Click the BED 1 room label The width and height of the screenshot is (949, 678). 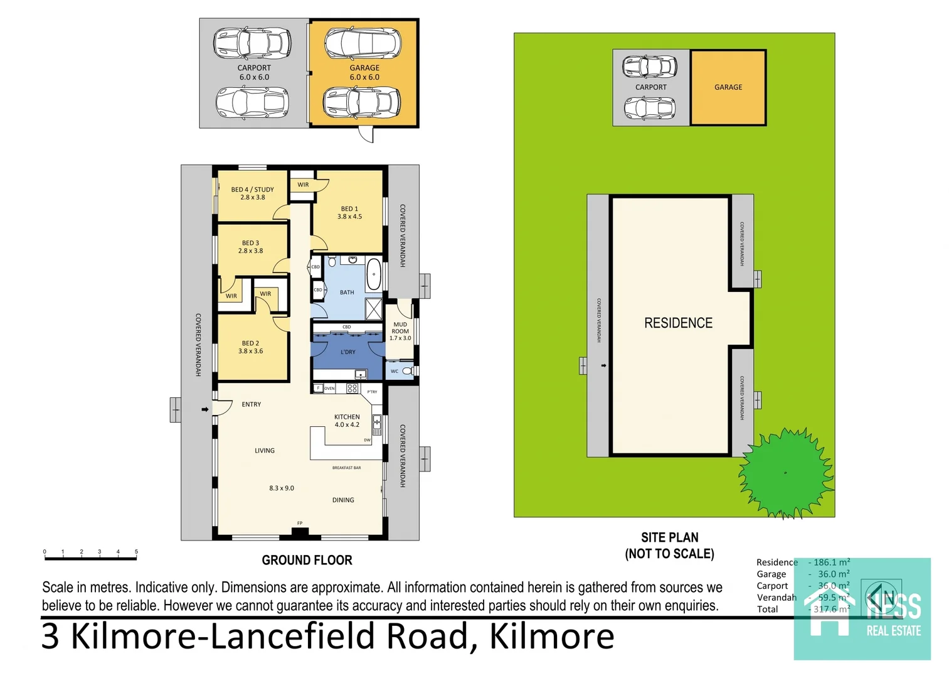pyautogui.click(x=349, y=213)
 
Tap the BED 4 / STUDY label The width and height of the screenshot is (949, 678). pyautogui.click(x=252, y=193)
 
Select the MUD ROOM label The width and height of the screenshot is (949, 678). pyautogui.click(x=400, y=331)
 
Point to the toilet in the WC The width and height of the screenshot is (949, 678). pyautogui.click(x=408, y=371)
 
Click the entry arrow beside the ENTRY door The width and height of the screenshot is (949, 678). pyautogui.click(x=204, y=409)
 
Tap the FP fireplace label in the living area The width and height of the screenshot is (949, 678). pyautogui.click(x=300, y=523)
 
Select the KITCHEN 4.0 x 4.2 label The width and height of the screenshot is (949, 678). pyautogui.click(x=347, y=421)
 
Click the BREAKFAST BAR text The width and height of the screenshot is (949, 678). pyautogui.click(x=346, y=468)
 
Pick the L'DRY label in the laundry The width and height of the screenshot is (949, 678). pyautogui.click(x=347, y=352)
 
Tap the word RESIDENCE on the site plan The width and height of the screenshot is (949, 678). pyautogui.click(x=678, y=323)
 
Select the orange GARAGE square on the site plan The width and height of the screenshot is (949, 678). pyautogui.click(x=728, y=87)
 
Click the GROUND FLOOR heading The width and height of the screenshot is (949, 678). pyautogui.click(x=307, y=560)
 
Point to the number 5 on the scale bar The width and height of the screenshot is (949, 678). pyautogui.click(x=136, y=552)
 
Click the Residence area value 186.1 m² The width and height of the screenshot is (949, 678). pyautogui.click(x=831, y=562)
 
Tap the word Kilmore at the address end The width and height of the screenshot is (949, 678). pyautogui.click(x=551, y=636)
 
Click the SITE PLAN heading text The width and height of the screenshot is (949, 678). pyautogui.click(x=669, y=537)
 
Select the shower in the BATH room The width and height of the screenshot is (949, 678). pyautogui.click(x=374, y=308)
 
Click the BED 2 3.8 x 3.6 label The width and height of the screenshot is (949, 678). pyautogui.click(x=250, y=347)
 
